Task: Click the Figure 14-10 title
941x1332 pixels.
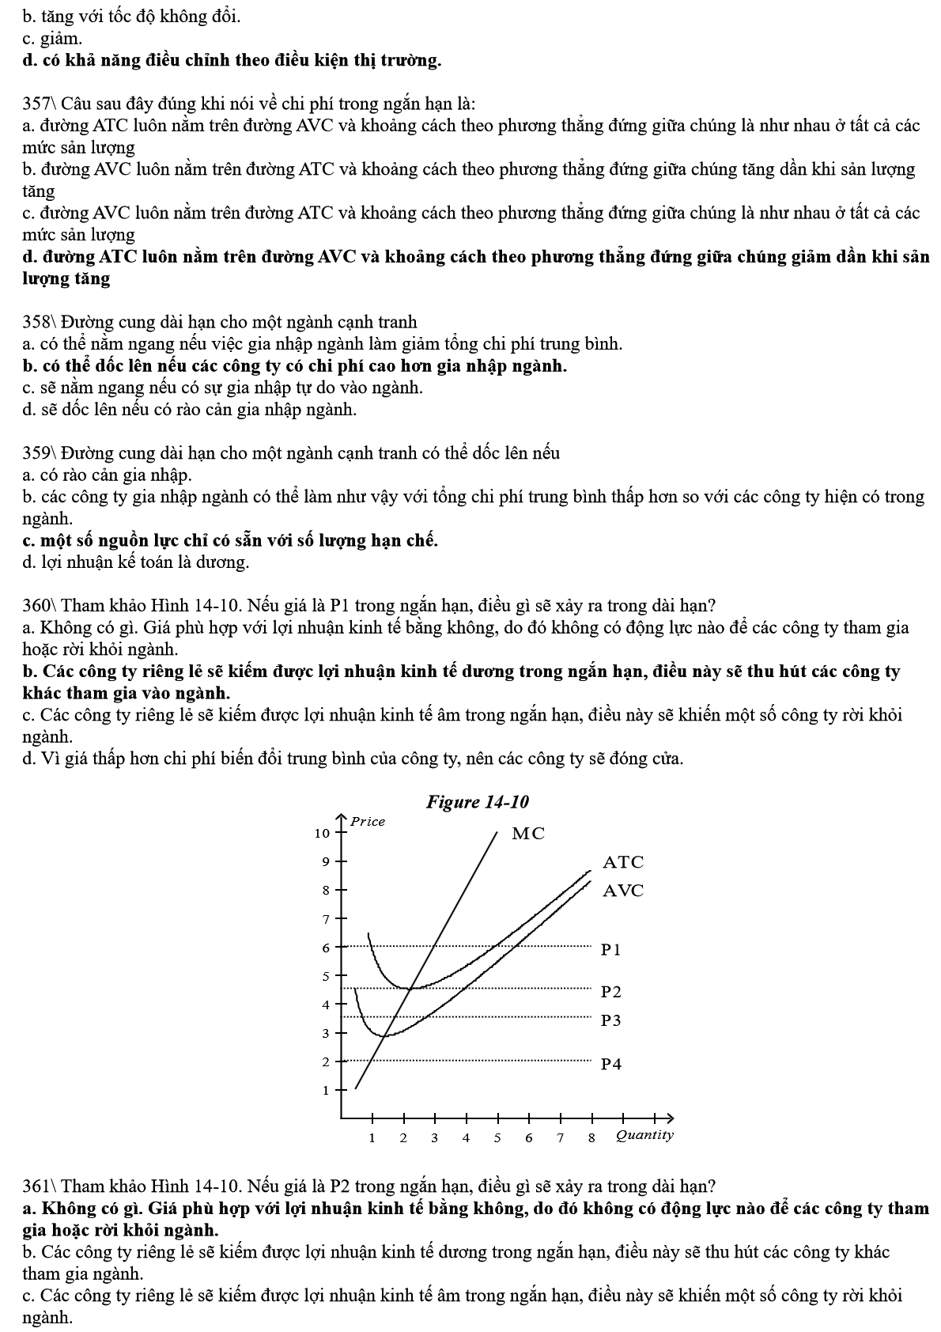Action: [477, 802]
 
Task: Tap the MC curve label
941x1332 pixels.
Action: [528, 834]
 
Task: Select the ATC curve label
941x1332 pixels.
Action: [623, 862]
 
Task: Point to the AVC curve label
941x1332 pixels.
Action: [623, 891]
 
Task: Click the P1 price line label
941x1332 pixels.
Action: [611, 949]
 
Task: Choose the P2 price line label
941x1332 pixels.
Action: [611, 992]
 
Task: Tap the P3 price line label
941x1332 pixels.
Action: [611, 1020]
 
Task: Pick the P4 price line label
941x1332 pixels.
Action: [611, 1064]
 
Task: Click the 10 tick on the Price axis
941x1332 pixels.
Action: [322, 833]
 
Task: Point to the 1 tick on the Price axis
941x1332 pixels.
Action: [325, 1090]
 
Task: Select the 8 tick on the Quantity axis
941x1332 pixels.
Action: [591, 1138]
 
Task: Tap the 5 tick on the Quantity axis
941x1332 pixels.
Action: [497, 1138]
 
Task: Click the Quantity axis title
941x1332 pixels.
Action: [644, 1135]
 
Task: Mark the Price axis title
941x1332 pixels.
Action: [368, 821]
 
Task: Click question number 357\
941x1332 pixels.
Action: [40, 104]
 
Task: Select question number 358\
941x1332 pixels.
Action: [40, 322]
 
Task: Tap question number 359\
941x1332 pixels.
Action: [40, 453]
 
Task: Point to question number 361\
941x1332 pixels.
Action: [40, 1186]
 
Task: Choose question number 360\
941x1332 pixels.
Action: [40, 606]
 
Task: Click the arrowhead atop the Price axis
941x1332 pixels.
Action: [342, 816]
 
